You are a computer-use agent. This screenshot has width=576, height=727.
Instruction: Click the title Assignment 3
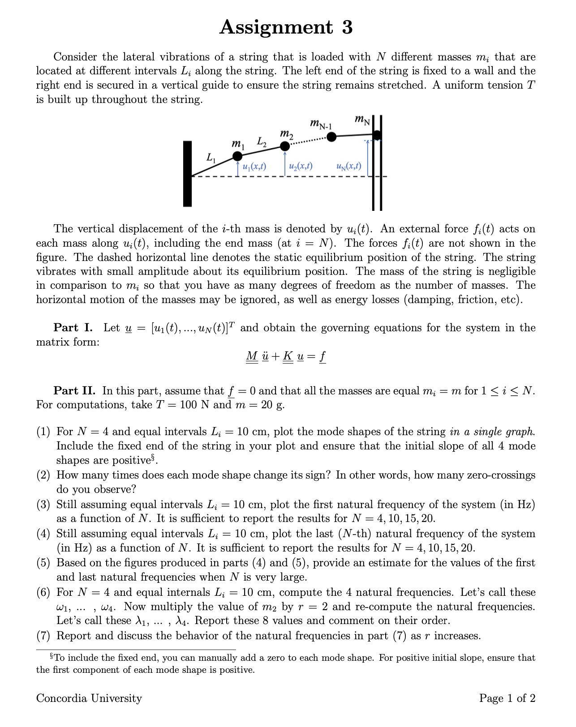286,27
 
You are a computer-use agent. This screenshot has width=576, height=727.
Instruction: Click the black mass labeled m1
237,156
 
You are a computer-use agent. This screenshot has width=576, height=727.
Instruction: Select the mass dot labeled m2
285,146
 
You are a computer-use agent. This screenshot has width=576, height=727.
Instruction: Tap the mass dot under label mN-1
331,137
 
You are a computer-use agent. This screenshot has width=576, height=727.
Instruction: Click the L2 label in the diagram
262,142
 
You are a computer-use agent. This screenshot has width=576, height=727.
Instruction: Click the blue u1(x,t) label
254,167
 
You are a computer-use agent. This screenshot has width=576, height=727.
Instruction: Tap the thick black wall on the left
187,174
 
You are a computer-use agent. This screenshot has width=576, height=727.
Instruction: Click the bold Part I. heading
73,328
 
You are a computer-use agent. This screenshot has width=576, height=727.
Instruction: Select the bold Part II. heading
74,391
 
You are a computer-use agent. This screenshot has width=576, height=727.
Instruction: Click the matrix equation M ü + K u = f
286,357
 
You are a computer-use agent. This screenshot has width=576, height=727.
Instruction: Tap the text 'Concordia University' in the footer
89,698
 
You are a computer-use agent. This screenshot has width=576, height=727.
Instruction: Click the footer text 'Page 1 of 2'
507,698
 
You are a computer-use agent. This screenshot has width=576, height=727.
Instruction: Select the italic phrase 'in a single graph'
492,432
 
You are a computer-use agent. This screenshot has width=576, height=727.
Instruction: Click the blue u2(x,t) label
301,167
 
